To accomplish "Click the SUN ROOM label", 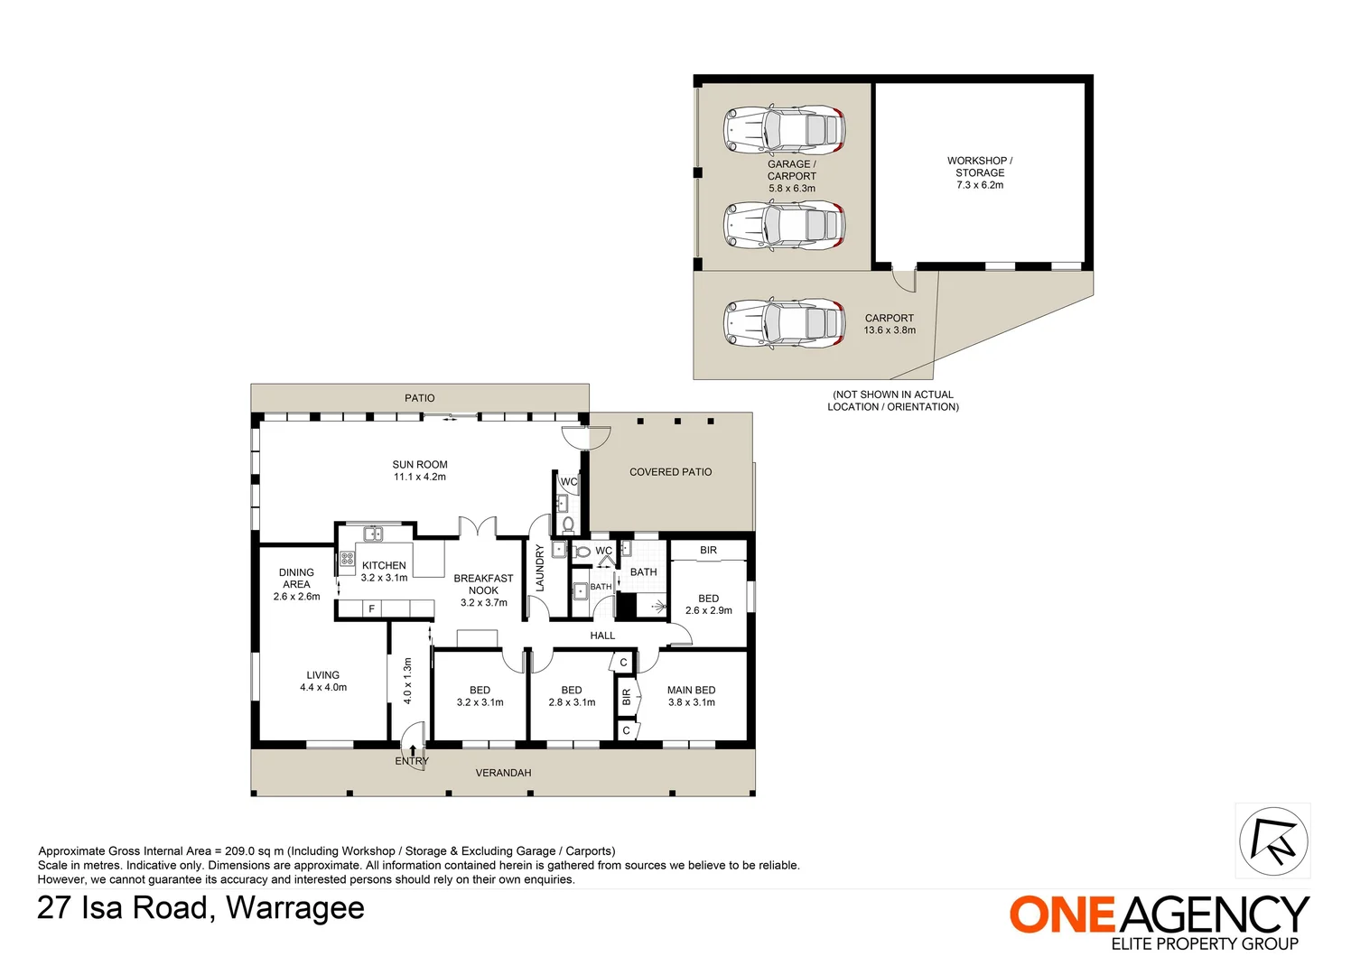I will pyautogui.click(x=420, y=470).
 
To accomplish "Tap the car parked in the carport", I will pyautogui.click(x=784, y=323).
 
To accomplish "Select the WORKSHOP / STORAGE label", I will pyautogui.click(x=980, y=172).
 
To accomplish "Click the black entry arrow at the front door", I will pyautogui.click(x=413, y=749).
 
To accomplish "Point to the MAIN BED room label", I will pyautogui.click(x=691, y=696).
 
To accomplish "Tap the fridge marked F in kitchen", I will pyautogui.click(x=371, y=609).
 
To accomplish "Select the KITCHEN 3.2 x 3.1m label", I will pyautogui.click(x=384, y=571).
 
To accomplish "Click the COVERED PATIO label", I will pyautogui.click(x=670, y=472).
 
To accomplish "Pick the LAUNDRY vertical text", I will pyautogui.click(x=540, y=568).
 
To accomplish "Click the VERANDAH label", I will pyautogui.click(x=503, y=773).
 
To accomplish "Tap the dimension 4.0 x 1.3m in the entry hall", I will pyautogui.click(x=407, y=681).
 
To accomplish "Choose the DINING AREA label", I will pyautogui.click(x=296, y=584).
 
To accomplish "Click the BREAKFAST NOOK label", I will pyautogui.click(x=483, y=590).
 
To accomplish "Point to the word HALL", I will pyautogui.click(x=602, y=636).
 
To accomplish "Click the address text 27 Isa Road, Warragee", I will pyautogui.click(x=200, y=907).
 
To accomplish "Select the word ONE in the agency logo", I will pyautogui.click(x=1063, y=915).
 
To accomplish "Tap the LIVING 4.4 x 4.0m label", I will pyautogui.click(x=322, y=681).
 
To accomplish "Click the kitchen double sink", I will pyautogui.click(x=373, y=534).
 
